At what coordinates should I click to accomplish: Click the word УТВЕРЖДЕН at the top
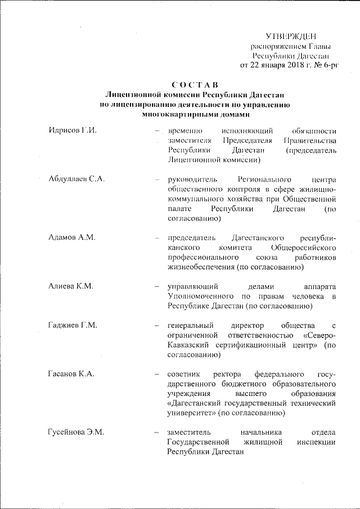[x=291, y=37]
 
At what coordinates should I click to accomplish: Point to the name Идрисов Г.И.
[x=74, y=130]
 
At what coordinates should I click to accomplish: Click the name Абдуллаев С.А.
[x=78, y=179]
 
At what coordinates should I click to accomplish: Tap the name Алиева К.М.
[x=71, y=286]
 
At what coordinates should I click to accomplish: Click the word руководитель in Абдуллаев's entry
[x=191, y=179]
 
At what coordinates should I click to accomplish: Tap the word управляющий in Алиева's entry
[x=192, y=286]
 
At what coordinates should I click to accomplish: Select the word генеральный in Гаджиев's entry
[x=191, y=325]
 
